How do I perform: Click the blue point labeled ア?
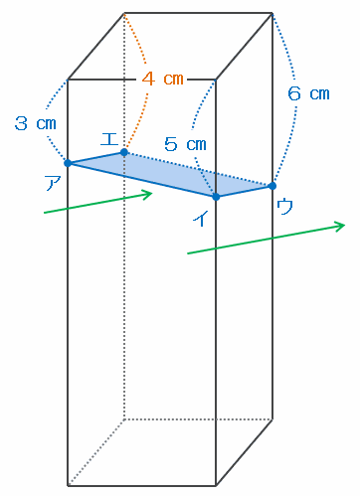pyautogui.click(x=68, y=163)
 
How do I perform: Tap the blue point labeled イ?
pyautogui.click(x=216, y=197)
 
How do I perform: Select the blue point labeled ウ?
pyautogui.click(x=272, y=186)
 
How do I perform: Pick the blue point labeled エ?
pyautogui.click(x=124, y=152)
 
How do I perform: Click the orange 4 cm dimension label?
pyautogui.click(x=162, y=80)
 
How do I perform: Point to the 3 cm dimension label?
pyautogui.click(x=36, y=123)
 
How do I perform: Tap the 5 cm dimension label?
pyautogui.click(x=185, y=144)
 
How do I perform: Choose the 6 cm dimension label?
pyautogui.click(x=308, y=93)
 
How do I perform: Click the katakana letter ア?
pyautogui.click(x=53, y=183)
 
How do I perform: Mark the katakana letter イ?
pyautogui.click(x=201, y=219)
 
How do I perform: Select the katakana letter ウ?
pyautogui.click(x=284, y=206)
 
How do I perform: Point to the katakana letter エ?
pyautogui.click(x=109, y=139)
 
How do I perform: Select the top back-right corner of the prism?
pyautogui.click(x=272, y=13)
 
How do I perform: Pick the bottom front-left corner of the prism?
pyautogui.click(x=68, y=486)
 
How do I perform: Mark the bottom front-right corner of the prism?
pyautogui.click(x=216, y=486)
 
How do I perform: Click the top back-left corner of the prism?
pyautogui.click(x=124, y=13)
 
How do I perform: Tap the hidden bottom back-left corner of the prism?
pyautogui.click(x=124, y=419)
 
